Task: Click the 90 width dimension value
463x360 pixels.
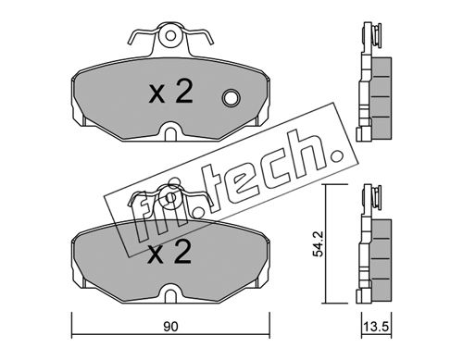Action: click(x=170, y=327)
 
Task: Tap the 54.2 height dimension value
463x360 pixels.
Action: click(x=318, y=244)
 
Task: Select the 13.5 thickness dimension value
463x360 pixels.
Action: click(x=376, y=327)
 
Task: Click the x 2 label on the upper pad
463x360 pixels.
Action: click(x=170, y=92)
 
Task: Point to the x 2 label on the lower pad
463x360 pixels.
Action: click(x=169, y=253)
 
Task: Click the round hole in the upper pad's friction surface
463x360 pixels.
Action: click(x=231, y=98)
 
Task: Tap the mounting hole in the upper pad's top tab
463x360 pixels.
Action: click(x=170, y=36)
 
